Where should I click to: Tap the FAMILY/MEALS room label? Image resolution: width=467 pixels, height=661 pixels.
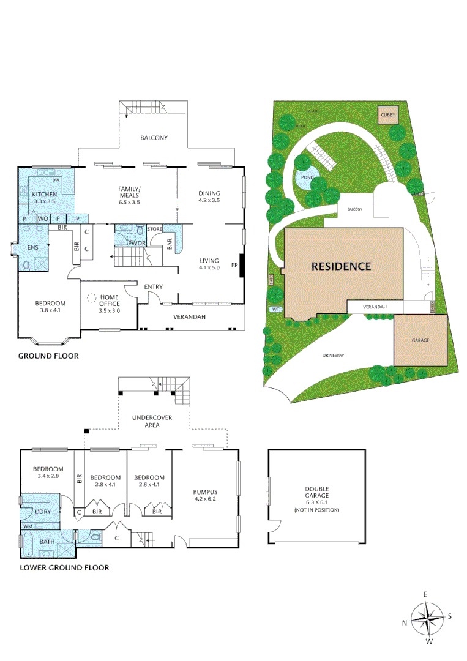(x=129, y=192)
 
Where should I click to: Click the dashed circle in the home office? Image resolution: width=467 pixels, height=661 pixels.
(x=91, y=299)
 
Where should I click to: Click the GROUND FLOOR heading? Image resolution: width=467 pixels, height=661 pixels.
(x=48, y=356)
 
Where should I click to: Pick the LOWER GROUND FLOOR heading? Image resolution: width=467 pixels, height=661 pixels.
(x=64, y=567)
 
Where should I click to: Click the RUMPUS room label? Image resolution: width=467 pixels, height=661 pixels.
(x=205, y=491)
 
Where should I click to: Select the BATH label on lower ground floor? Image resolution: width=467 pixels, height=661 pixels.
(x=47, y=542)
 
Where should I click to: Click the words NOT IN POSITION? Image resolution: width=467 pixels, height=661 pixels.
(x=316, y=510)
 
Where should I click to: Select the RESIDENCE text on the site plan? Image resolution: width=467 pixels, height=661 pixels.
(x=342, y=266)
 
